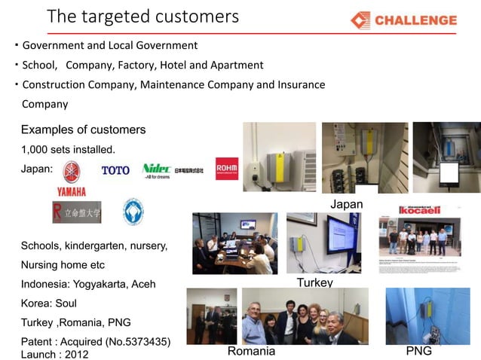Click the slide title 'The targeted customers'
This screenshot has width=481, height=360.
pos(142,16)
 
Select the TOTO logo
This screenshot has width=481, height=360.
pos(115,170)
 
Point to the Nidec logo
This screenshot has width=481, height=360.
pos(156,169)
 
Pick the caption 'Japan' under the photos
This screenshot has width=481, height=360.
pos(346,205)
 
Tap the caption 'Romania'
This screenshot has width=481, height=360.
pos(251,352)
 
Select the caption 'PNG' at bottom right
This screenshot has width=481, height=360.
pos(418,352)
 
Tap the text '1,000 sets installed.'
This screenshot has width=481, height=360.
pos(68,149)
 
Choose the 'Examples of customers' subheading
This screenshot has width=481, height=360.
pos(83,130)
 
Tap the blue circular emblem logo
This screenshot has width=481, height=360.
pos(133,212)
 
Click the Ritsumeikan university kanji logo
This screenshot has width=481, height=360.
pos(77,213)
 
